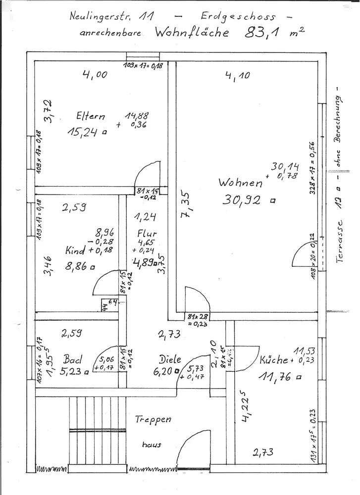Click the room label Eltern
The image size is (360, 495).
[x=91, y=117]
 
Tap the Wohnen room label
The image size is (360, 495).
[x=241, y=183]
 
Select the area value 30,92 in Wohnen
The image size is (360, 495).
[x=244, y=200]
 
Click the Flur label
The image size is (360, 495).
[x=147, y=234]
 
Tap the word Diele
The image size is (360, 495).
[x=170, y=359]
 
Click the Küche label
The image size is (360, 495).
[x=273, y=360]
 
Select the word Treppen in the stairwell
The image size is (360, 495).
[x=153, y=420]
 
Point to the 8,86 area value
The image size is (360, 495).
[x=77, y=266]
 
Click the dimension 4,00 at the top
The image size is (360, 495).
[x=94, y=75]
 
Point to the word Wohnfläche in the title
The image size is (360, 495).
[x=193, y=33]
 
